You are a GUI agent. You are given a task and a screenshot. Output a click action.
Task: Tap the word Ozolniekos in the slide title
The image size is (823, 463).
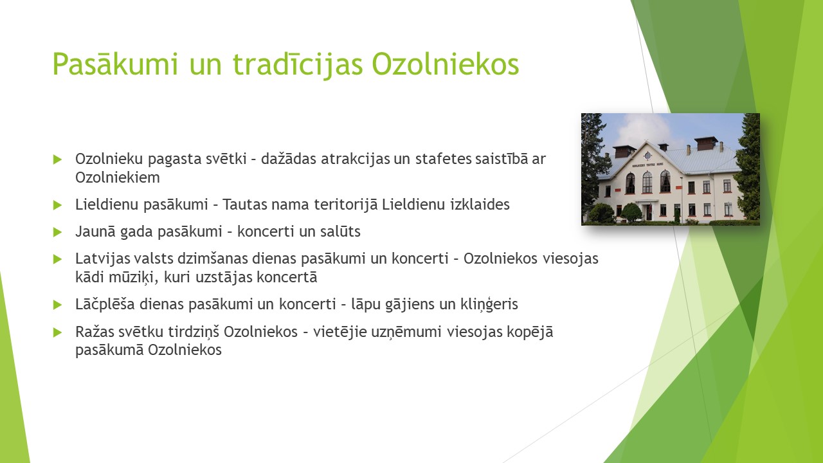pyautogui.click(x=446, y=64)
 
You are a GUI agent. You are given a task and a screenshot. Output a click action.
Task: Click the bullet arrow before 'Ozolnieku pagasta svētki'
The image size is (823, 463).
pyautogui.click(x=57, y=159)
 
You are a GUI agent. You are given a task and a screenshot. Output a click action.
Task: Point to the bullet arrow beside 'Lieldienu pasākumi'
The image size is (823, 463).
pyautogui.click(x=57, y=205)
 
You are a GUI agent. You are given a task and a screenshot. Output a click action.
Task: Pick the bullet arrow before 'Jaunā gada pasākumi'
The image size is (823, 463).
pyautogui.click(x=57, y=232)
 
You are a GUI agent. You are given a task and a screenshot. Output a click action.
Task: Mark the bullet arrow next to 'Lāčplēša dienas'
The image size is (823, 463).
pyautogui.click(x=57, y=305)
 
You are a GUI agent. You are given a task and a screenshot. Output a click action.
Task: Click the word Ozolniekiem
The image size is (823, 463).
pyautogui.click(x=118, y=177)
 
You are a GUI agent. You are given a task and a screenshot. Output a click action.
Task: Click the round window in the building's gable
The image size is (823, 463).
pyautogui.click(x=647, y=156)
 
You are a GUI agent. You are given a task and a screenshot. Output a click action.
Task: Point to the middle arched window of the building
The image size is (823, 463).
pyautogui.click(x=647, y=182)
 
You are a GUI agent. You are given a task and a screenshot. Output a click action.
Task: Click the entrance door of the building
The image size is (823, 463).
pyautogui.click(x=649, y=212)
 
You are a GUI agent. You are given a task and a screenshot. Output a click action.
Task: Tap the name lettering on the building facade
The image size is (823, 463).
pyautogui.click(x=647, y=165)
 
